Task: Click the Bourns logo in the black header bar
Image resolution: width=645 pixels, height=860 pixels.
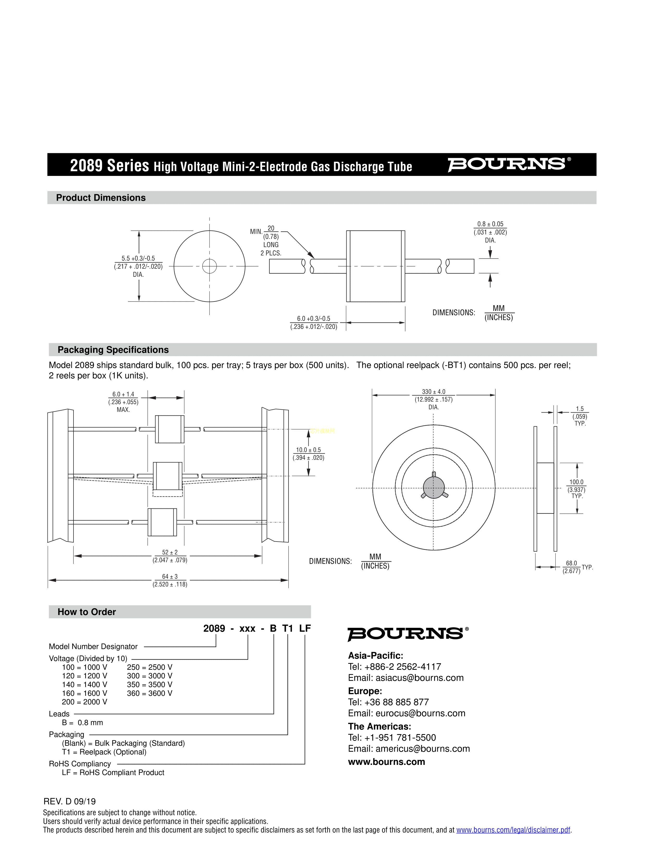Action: click(x=508, y=164)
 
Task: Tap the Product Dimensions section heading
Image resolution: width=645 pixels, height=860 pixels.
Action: click(x=101, y=198)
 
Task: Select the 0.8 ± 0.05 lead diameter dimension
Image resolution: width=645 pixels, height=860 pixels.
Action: click(x=490, y=224)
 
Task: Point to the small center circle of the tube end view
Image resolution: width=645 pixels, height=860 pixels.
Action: click(x=210, y=266)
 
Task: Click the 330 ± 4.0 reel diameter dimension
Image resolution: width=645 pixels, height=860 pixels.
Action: click(x=433, y=392)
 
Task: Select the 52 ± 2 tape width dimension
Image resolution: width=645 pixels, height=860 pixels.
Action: click(x=170, y=552)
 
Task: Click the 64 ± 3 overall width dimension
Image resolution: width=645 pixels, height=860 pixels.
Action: click(x=170, y=576)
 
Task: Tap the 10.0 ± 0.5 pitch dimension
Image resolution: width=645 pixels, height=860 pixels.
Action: click(x=308, y=450)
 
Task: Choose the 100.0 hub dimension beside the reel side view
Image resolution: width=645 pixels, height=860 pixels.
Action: click(x=576, y=482)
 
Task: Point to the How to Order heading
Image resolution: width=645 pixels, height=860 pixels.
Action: click(x=87, y=612)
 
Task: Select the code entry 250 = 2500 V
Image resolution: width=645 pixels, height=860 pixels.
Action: click(x=149, y=667)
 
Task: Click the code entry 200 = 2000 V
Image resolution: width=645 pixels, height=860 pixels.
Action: click(x=84, y=702)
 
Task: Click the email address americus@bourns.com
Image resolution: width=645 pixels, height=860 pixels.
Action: click(x=423, y=748)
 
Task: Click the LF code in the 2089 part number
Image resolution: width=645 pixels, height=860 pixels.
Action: click(x=305, y=628)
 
